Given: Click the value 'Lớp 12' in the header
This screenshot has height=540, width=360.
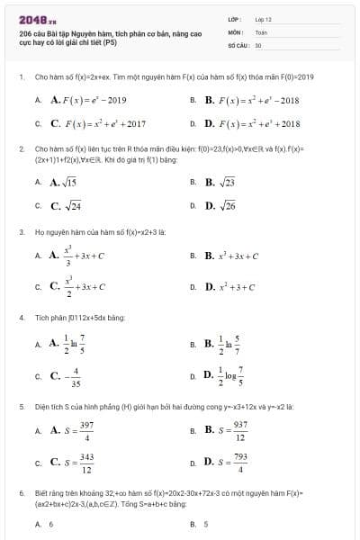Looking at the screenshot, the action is pyautogui.click(x=263, y=18).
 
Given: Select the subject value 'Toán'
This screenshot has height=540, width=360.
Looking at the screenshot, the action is pyautogui.click(x=261, y=31).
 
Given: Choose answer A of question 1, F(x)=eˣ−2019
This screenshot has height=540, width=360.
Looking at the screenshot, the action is pyautogui.click(x=88, y=100).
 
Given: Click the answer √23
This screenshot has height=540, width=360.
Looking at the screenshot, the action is pyautogui.click(x=220, y=182).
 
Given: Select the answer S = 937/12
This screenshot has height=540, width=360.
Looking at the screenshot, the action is pyautogui.click(x=226, y=432).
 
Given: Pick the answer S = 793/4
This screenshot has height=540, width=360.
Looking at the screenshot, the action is pyautogui.click(x=226, y=463).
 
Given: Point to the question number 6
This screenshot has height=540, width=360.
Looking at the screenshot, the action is pyautogui.click(x=21, y=494).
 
